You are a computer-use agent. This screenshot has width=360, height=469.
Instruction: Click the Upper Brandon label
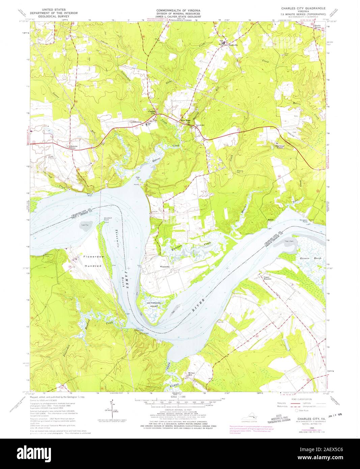click(x=268, y=278)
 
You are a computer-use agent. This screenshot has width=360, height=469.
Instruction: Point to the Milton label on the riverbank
click(x=271, y=220)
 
